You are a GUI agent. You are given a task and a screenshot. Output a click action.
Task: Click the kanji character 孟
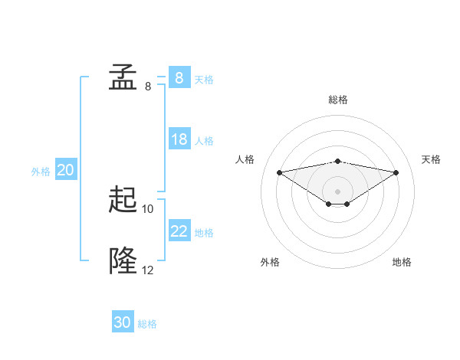pyautogui.click(x=123, y=78)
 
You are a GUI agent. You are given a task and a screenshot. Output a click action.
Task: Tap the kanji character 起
pyautogui.click(x=123, y=201)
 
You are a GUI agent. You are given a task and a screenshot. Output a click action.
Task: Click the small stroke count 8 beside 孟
pyautogui.click(x=148, y=87)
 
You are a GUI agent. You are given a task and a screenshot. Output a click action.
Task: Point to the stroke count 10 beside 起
pyautogui.click(x=148, y=208)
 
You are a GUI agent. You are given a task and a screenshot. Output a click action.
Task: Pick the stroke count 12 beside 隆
pyautogui.click(x=148, y=270)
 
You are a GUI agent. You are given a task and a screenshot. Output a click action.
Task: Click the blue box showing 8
pyautogui.click(x=179, y=78)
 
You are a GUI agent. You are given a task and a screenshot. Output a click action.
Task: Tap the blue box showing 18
pyautogui.click(x=179, y=139)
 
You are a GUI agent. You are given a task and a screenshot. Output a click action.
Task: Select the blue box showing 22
pyautogui.click(x=179, y=231)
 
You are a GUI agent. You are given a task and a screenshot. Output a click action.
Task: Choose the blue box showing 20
pyautogui.click(x=65, y=171)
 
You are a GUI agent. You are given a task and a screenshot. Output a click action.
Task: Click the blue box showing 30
pyautogui.click(x=123, y=323)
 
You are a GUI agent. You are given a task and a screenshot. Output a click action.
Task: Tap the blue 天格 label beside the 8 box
pyautogui.click(x=204, y=79)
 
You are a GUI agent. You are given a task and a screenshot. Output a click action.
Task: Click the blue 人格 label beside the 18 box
pyautogui.click(x=204, y=140)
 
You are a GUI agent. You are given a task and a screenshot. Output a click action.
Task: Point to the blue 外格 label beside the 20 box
pyautogui.click(x=41, y=172)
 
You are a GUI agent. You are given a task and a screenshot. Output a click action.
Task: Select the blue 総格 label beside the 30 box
pyautogui.click(x=147, y=324)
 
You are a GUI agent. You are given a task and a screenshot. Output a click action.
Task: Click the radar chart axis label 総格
pyautogui.click(x=337, y=100)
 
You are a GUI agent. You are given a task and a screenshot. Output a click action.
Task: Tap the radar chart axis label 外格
pyautogui.click(x=270, y=262)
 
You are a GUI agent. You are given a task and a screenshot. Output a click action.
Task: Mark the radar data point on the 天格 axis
pyautogui.click(x=396, y=172)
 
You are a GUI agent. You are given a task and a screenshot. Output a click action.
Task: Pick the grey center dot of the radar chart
pyautogui.click(x=337, y=191)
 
